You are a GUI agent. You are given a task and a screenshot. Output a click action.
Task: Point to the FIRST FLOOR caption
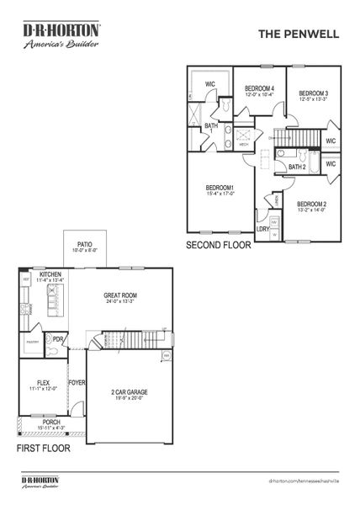(x=45, y=449)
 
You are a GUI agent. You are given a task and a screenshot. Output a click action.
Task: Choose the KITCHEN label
(x=50, y=274)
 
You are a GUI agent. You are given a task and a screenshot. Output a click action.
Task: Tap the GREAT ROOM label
(x=120, y=295)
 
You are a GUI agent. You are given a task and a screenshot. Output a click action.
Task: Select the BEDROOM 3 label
(x=313, y=93)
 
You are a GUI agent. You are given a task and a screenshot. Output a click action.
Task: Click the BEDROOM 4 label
(x=259, y=88)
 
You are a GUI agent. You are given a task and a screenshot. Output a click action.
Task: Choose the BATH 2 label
(x=296, y=167)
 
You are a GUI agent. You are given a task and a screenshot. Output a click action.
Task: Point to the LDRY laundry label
(x=263, y=228)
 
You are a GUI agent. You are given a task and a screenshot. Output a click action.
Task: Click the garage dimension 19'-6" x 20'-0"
(x=130, y=400)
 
